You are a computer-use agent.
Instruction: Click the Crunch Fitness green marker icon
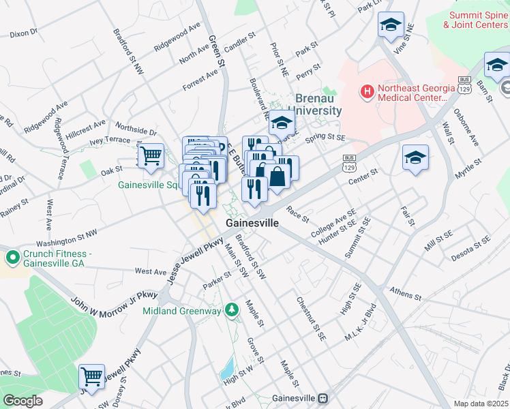12,258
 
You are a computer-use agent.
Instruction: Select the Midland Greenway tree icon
232,310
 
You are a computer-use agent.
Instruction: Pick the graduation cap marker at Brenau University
280,123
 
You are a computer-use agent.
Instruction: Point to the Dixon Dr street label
23,32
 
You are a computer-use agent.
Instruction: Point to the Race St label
298,215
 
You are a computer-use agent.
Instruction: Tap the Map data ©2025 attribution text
481,404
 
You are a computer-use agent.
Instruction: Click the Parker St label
217,279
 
